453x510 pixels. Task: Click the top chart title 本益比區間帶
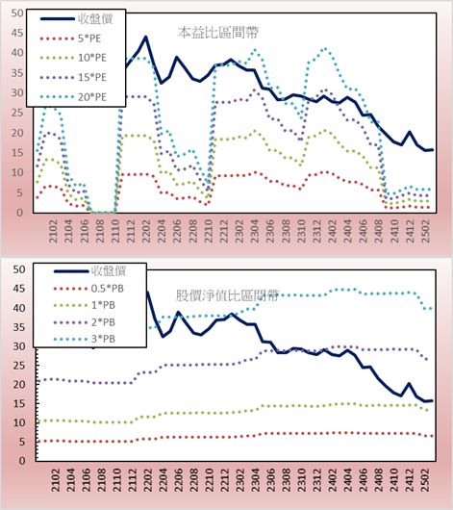click(x=218, y=33)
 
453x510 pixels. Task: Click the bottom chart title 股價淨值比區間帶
click(x=227, y=295)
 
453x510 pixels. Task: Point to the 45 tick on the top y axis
click(x=17, y=33)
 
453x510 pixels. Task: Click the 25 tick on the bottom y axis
click(x=19, y=366)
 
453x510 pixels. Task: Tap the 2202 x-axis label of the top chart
click(x=146, y=231)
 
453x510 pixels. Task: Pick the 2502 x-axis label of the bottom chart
click(x=425, y=480)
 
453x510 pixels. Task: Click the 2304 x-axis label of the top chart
click(x=255, y=231)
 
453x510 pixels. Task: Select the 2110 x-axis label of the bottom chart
click(x=116, y=480)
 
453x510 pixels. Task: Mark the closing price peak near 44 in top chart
click(x=145, y=37)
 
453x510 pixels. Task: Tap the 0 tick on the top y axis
click(x=20, y=213)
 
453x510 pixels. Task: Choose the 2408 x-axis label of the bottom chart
click(x=379, y=480)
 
